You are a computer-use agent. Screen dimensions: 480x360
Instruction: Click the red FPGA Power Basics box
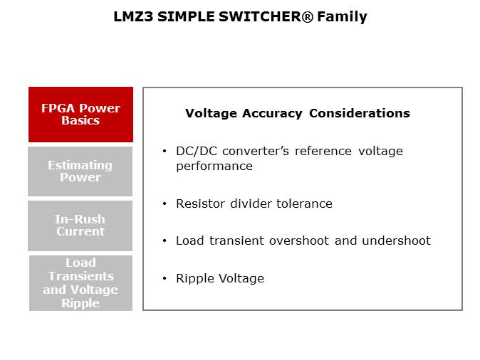click(x=80, y=115)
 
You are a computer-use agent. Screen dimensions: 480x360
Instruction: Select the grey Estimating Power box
click(x=80, y=171)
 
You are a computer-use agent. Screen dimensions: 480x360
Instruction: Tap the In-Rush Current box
click(x=80, y=226)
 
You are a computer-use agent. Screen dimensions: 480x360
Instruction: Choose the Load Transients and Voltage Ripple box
click(x=80, y=283)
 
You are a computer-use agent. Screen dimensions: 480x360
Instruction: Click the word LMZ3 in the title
click(x=133, y=16)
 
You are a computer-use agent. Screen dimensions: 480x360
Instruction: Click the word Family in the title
click(x=342, y=17)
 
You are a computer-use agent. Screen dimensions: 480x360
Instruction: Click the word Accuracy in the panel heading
click(x=272, y=113)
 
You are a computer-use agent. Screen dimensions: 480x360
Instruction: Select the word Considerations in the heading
click(x=360, y=113)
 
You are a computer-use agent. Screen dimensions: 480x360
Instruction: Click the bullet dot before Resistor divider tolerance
click(x=165, y=203)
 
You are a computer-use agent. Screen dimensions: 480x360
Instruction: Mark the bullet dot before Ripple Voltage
click(x=165, y=278)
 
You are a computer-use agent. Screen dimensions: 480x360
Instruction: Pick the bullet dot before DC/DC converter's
click(x=165, y=151)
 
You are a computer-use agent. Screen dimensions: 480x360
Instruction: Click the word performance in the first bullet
click(x=214, y=166)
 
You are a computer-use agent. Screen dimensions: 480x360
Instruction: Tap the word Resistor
click(x=201, y=203)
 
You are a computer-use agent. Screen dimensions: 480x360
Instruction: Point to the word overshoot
click(x=299, y=240)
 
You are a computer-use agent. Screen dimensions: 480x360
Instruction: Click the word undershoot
click(x=396, y=240)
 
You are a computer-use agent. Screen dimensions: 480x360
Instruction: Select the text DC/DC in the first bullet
click(x=197, y=151)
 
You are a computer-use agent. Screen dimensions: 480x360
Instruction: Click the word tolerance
click(x=304, y=203)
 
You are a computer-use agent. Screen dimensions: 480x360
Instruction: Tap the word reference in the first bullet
click(x=323, y=151)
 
